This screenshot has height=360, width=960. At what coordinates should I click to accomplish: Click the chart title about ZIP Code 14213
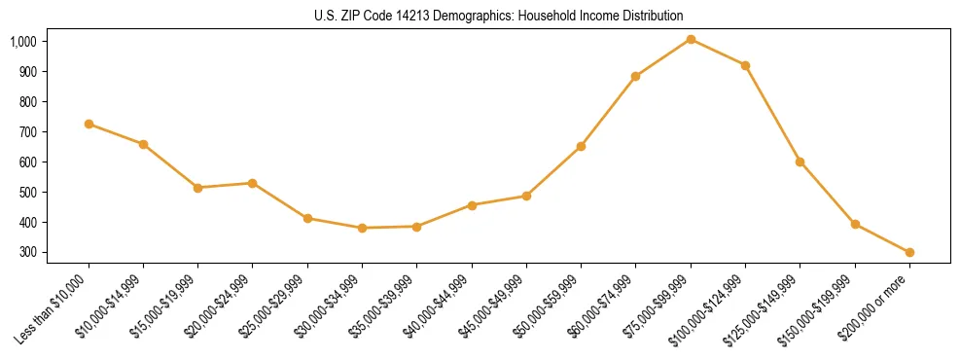point(480,17)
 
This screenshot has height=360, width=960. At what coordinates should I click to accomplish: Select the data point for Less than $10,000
point(89,124)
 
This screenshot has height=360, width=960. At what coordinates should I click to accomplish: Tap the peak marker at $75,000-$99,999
point(691,39)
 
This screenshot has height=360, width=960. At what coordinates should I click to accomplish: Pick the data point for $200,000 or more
point(909,252)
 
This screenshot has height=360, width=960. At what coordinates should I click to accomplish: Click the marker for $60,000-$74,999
point(635,76)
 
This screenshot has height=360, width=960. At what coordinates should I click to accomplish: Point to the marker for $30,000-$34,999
point(362,228)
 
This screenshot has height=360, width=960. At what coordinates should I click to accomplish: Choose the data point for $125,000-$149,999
point(800,162)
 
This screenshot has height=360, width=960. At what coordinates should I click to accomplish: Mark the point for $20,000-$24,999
point(252,183)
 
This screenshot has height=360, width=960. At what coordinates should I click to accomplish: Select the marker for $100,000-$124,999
point(745,65)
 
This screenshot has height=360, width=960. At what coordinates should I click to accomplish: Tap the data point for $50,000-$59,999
point(581,146)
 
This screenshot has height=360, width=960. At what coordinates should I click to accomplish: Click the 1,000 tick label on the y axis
point(23,42)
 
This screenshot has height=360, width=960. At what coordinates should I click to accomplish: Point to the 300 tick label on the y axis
point(27,252)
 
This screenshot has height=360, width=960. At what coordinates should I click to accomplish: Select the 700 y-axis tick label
point(27,131)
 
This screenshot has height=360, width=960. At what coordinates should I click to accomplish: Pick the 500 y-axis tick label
point(27,192)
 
